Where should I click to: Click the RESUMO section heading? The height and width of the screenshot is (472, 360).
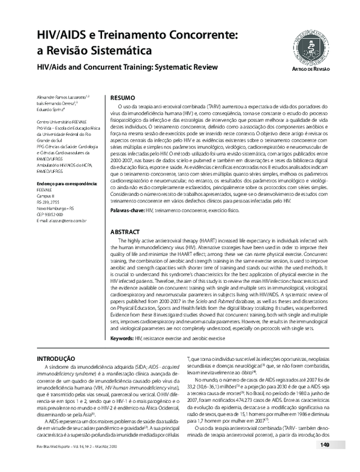123,97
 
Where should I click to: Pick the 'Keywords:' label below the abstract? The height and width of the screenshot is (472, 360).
122,338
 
